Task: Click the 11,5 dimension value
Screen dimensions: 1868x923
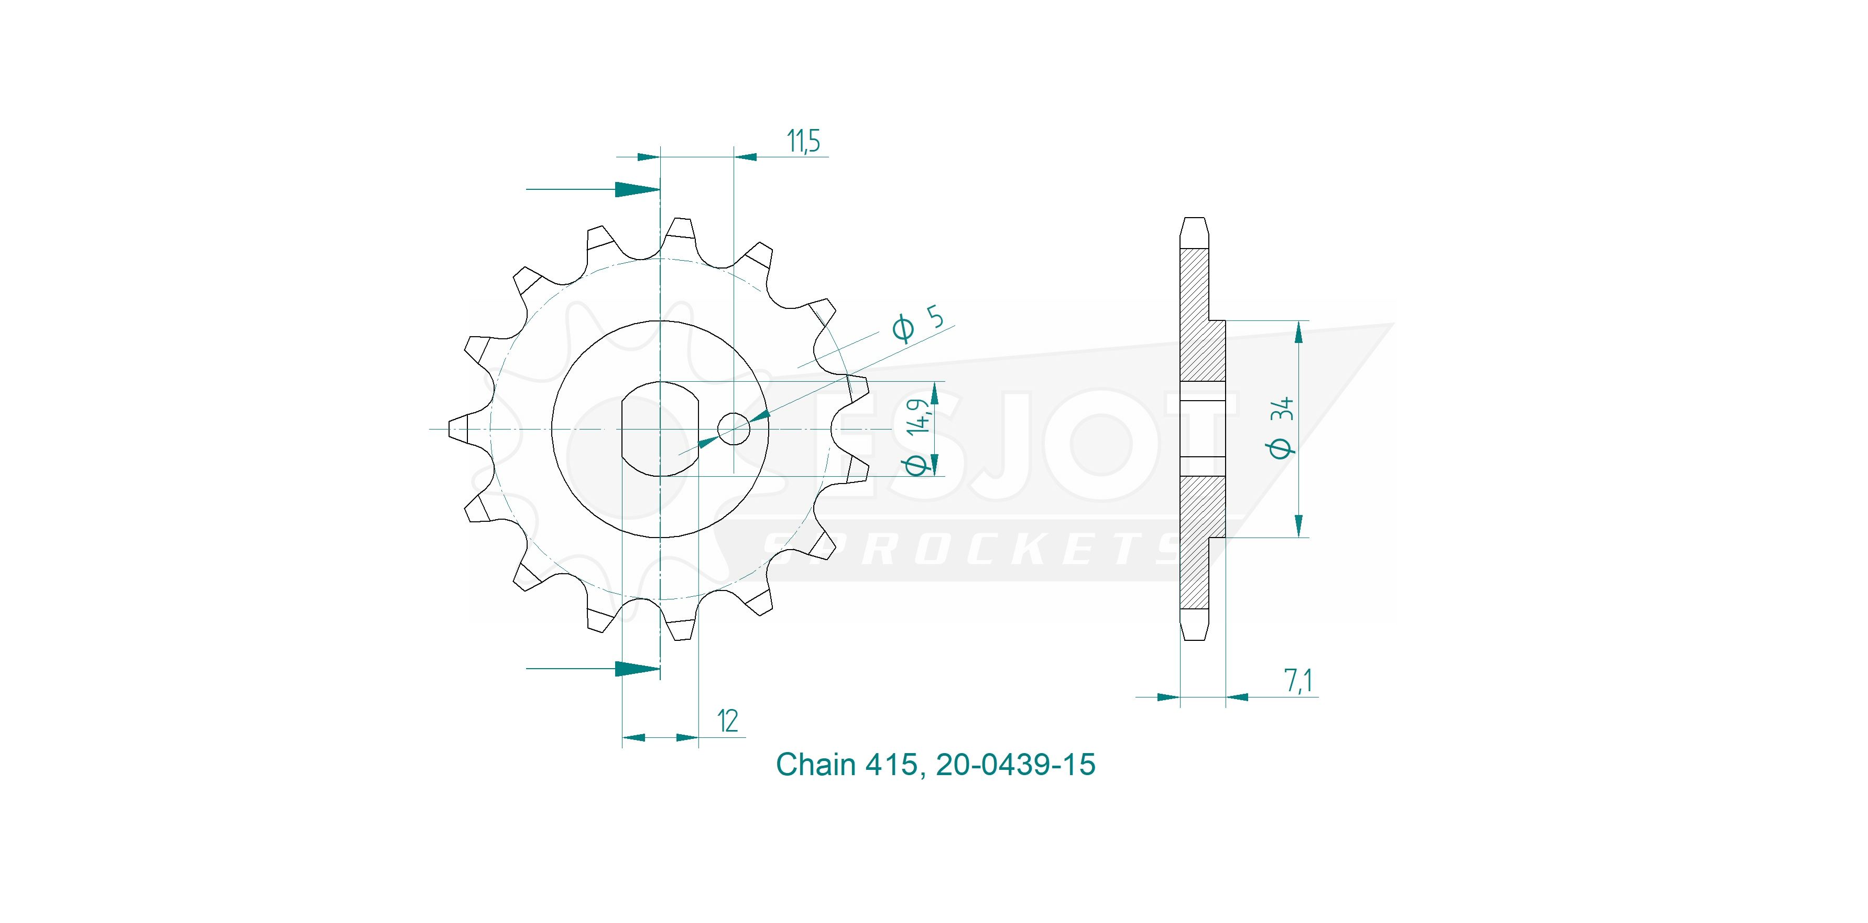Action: [803, 142]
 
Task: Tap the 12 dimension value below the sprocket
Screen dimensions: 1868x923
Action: [727, 721]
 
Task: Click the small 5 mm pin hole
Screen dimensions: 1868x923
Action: [733, 429]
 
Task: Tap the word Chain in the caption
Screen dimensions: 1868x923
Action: [816, 765]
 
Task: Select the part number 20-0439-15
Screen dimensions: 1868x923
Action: [1015, 765]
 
